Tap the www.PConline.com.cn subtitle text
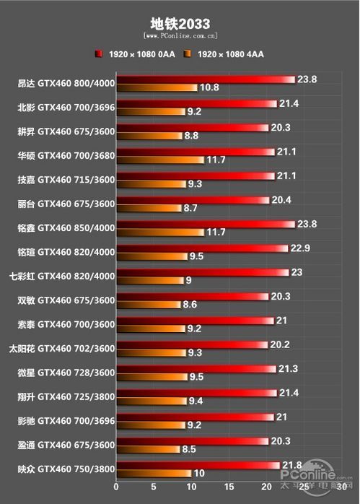(180, 35)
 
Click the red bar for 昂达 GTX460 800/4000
(205, 79)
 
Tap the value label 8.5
(190, 449)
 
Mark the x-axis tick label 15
(229, 489)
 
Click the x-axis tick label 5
(153, 489)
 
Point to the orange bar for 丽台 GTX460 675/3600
(148, 208)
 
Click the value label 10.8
(208, 88)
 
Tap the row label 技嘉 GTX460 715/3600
(66, 180)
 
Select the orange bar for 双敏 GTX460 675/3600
(147, 305)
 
